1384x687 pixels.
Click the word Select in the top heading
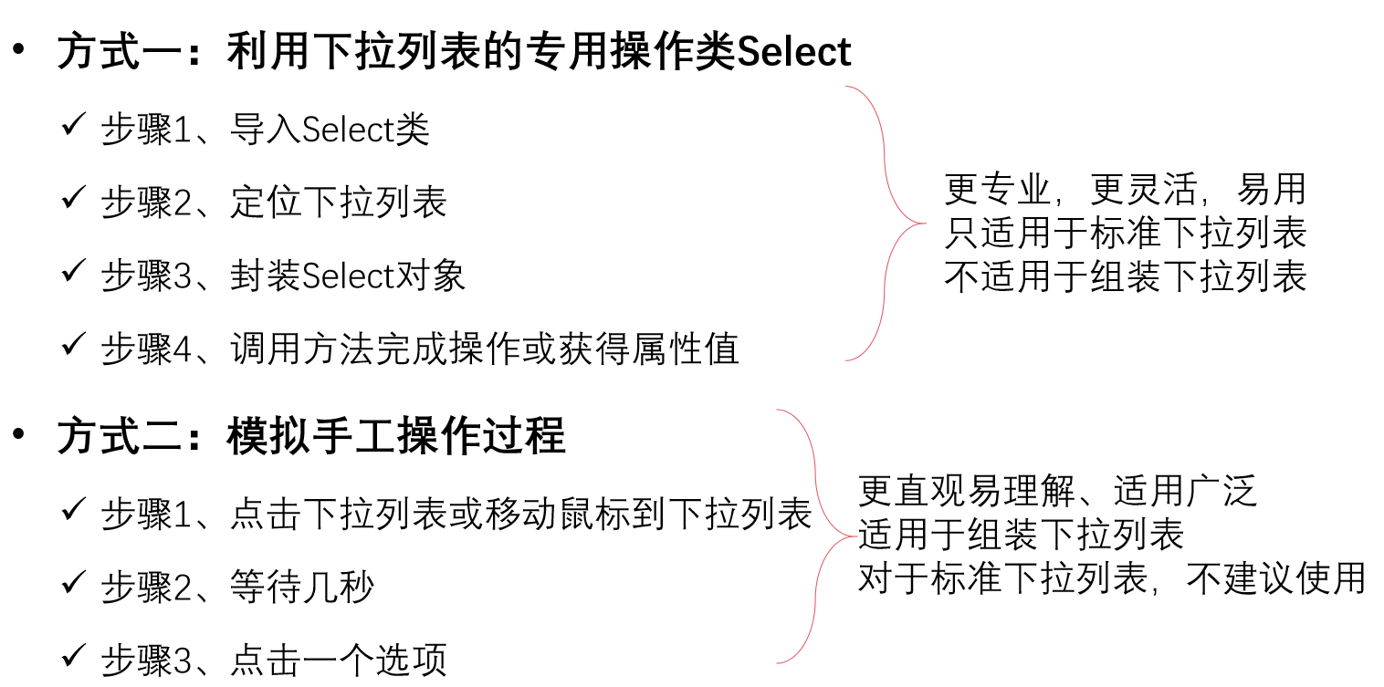(x=793, y=52)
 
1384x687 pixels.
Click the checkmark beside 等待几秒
(x=73, y=582)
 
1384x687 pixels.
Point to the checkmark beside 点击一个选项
(x=73, y=656)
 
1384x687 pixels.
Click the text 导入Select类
(x=330, y=130)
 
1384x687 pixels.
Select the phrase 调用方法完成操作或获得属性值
(x=484, y=349)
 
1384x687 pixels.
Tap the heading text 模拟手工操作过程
(x=396, y=437)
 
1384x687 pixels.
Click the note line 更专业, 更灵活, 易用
(x=1125, y=190)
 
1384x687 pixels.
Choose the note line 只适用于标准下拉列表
(x=1125, y=234)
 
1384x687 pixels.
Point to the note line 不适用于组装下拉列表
(x=1125, y=276)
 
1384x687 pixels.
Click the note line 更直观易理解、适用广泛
(x=1057, y=492)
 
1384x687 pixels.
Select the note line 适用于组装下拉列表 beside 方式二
(x=1021, y=535)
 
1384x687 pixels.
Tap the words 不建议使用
(x=1276, y=578)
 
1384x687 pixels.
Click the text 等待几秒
(x=301, y=588)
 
